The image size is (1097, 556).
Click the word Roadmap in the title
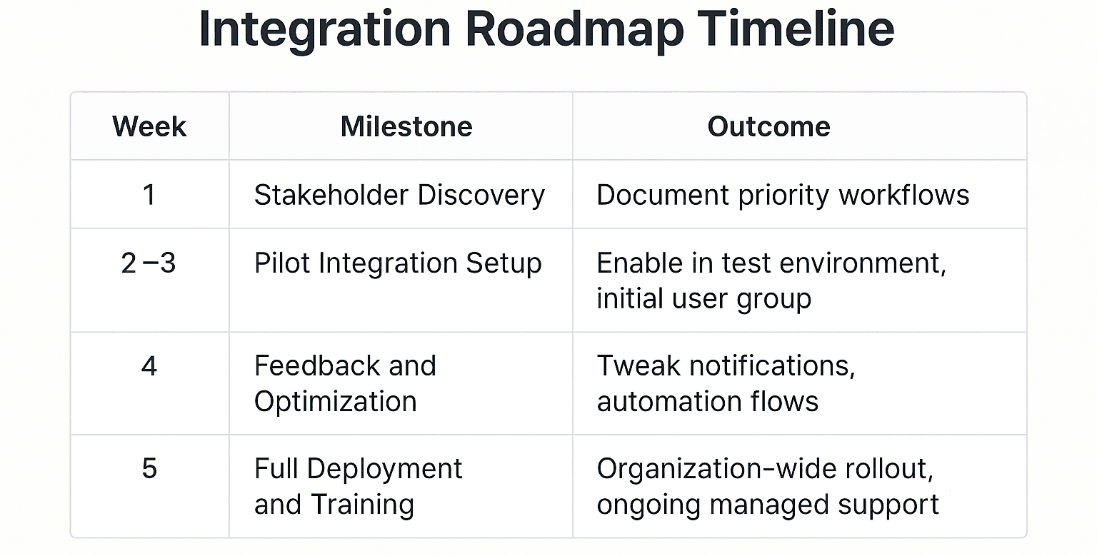576,30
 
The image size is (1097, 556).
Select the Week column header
149,126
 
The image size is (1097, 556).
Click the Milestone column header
406,126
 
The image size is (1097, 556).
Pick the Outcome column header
768,126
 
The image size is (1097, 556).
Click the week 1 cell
149,194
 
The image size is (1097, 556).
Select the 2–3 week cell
149,263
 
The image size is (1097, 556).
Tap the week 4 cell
149,366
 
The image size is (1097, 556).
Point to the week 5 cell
149,469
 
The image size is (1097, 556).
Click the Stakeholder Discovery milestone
399,195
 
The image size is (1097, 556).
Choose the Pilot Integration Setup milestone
398,263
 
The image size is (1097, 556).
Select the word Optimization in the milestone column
335,401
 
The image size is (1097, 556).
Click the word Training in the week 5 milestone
362,504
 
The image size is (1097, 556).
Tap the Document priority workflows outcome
783,195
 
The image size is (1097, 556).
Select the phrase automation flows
707,401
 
